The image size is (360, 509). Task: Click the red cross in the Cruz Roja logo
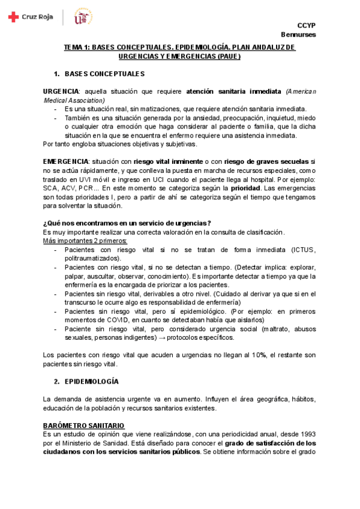click(x=13, y=17)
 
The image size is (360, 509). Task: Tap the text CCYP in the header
click(x=307, y=25)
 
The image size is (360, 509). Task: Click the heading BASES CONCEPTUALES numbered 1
click(x=104, y=74)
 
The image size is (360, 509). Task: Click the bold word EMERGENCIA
click(x=65, y=162)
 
